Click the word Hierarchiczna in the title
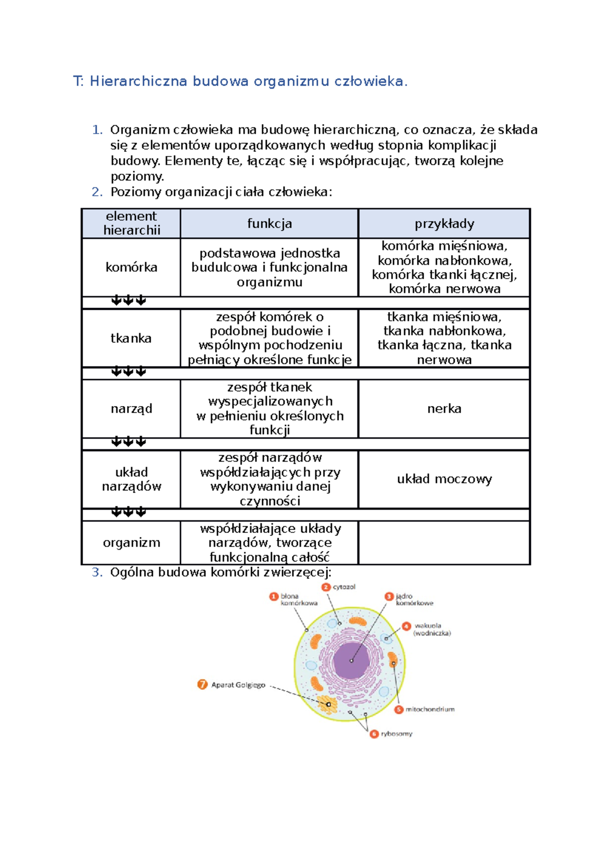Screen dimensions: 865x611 [x=138, y=81]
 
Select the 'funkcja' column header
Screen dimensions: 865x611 [x=269, y=224]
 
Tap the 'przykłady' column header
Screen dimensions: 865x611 [x=444, y=224]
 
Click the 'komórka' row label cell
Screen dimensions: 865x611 [x=131, y=267]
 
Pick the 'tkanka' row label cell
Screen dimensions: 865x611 [x=131, y=338]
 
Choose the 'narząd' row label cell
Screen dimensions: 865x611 [x=131, y=409]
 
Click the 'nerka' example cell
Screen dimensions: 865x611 [x=444, y=409]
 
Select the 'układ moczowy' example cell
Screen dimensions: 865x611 [x=444, y=479]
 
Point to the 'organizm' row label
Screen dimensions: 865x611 [x=131, y=543]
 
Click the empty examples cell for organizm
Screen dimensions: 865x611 [x=444, y=543]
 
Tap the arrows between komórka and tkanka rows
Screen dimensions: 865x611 [x=128, y=301]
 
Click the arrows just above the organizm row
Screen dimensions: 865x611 [x=128, y=512]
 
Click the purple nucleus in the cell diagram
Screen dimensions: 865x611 [x=351, y=660]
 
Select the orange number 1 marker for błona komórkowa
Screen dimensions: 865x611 [x=274, y=597]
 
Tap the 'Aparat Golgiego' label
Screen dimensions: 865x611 [x=238, y=685]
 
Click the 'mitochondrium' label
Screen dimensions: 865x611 [x=430, y=709]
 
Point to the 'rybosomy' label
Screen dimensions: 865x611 [x=397, y=734]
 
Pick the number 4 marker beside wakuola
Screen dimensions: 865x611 [x=406, y=626]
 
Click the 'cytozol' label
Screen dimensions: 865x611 [x=344, y=587]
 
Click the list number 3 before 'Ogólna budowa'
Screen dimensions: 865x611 [x=97, y=573]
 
